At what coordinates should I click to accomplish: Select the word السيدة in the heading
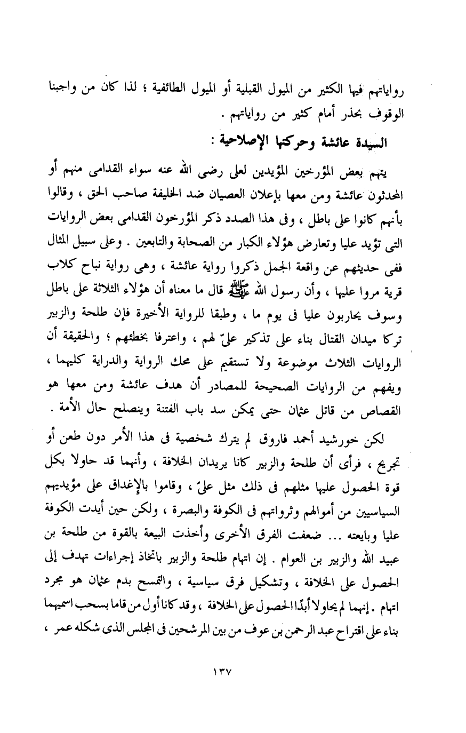pos(368,144)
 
